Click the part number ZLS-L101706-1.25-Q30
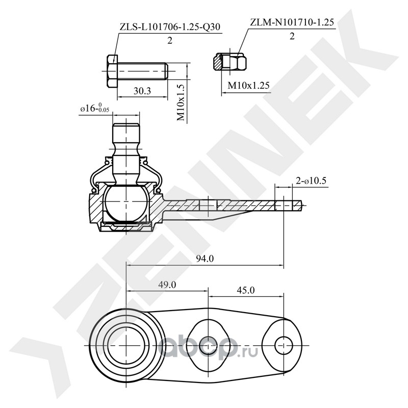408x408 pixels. click(170, 27)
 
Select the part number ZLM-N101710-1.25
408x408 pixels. click(292, 22)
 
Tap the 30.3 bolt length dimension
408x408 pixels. click(142, 91)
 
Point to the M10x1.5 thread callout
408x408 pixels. click(181, 103)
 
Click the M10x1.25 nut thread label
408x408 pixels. click(248, 85)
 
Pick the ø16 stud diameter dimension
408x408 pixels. click(95, 108)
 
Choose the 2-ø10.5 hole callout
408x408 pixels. click(311, 181)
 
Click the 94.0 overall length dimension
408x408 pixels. click(205, 259)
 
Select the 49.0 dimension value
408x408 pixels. click(167, 285)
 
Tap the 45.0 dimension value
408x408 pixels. click(246, 290)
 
